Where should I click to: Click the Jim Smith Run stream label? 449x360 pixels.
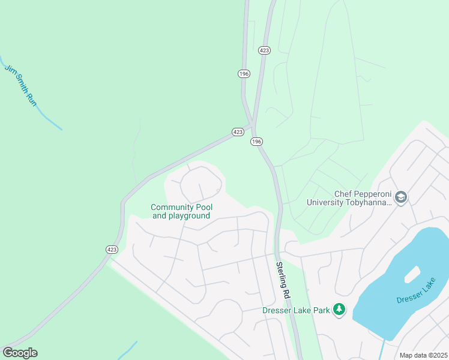[21, 86]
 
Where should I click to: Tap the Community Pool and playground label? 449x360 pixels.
[181, 211]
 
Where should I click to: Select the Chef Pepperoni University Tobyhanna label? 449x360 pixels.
[349, 198]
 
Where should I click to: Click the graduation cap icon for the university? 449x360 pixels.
[401, 197]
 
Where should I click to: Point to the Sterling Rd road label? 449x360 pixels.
[283, 280]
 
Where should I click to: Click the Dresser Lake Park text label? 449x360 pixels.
[297, 310]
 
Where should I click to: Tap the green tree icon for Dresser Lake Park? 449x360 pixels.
[340, 310]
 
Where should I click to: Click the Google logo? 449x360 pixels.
[20, 353]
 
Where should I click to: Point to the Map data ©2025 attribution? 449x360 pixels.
[423, 355]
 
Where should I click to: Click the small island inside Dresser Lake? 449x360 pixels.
[411, 274]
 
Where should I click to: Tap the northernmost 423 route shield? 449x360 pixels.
[264, 50]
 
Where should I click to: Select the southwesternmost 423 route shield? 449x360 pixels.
[112, 250]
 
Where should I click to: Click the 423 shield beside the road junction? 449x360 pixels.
[238, 131]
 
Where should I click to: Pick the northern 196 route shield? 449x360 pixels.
[243, 73]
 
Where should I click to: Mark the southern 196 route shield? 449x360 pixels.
[256, 141]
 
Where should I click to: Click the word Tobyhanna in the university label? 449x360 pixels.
[370, 202]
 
